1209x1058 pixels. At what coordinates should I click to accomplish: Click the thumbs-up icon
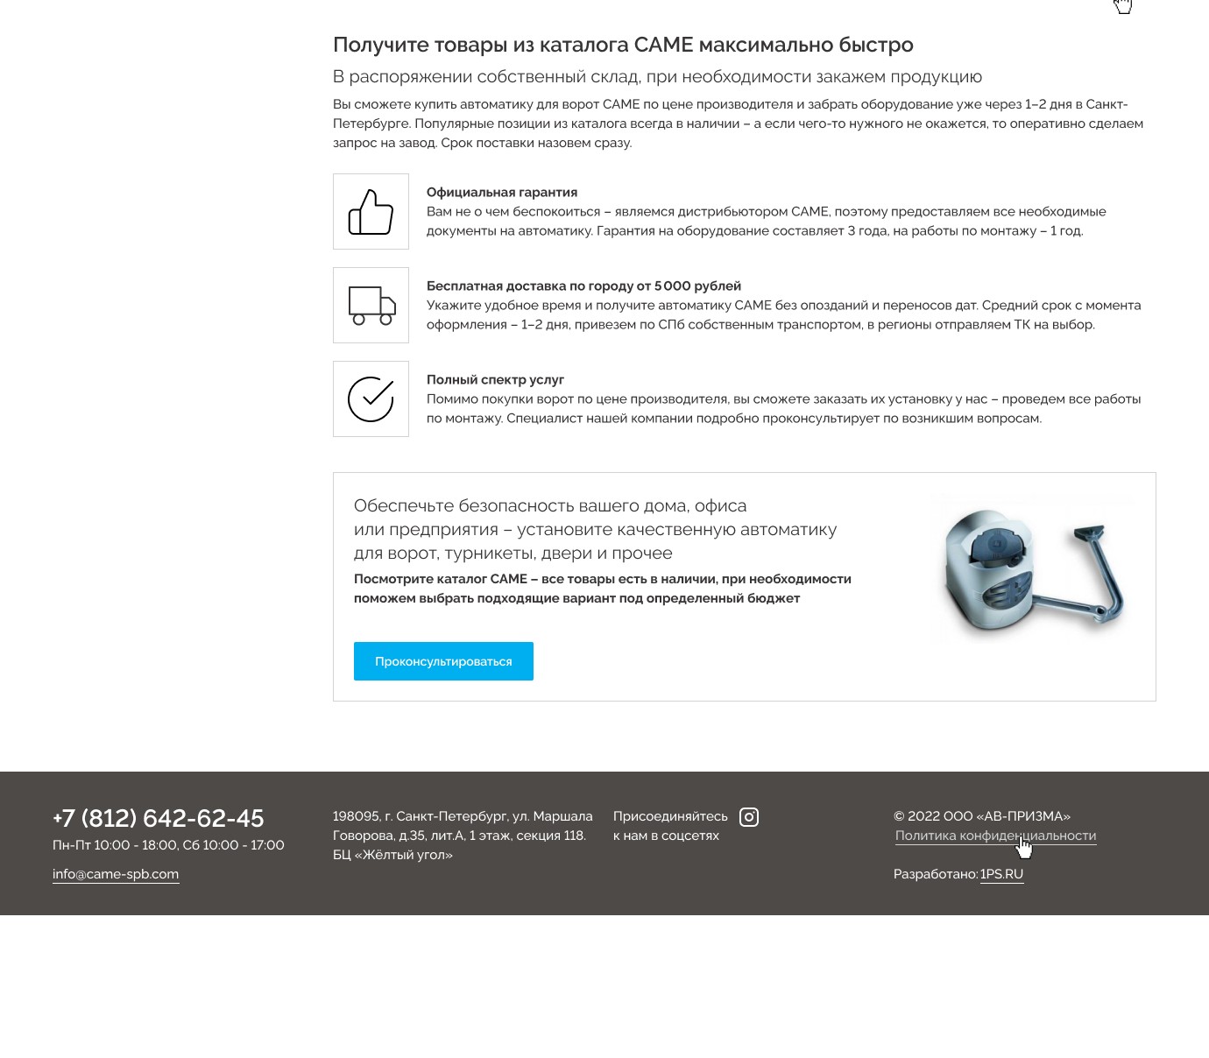[371, 212]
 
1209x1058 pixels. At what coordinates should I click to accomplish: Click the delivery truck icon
[371, 306]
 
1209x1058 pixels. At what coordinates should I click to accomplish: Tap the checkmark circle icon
[371, 399]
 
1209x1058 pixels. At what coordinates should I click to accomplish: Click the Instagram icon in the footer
[749, 817]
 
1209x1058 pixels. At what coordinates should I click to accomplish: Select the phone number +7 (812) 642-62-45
[159, 818]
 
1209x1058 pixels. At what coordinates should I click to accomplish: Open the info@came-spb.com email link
[116, 874]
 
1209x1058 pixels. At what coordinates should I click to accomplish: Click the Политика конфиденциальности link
[995, 836]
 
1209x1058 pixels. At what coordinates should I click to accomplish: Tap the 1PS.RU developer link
[1001, 874]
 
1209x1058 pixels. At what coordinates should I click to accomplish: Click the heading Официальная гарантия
[502, 193]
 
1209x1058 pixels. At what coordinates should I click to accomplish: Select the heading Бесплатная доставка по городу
[583, 286]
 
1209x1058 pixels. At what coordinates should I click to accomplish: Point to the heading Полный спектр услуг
[495, 380]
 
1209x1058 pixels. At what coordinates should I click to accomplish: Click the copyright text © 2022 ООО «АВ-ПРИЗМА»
[981, 816]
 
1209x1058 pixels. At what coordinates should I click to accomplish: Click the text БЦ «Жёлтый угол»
[392, 855]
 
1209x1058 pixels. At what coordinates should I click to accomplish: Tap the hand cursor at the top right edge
[1123, 6]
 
